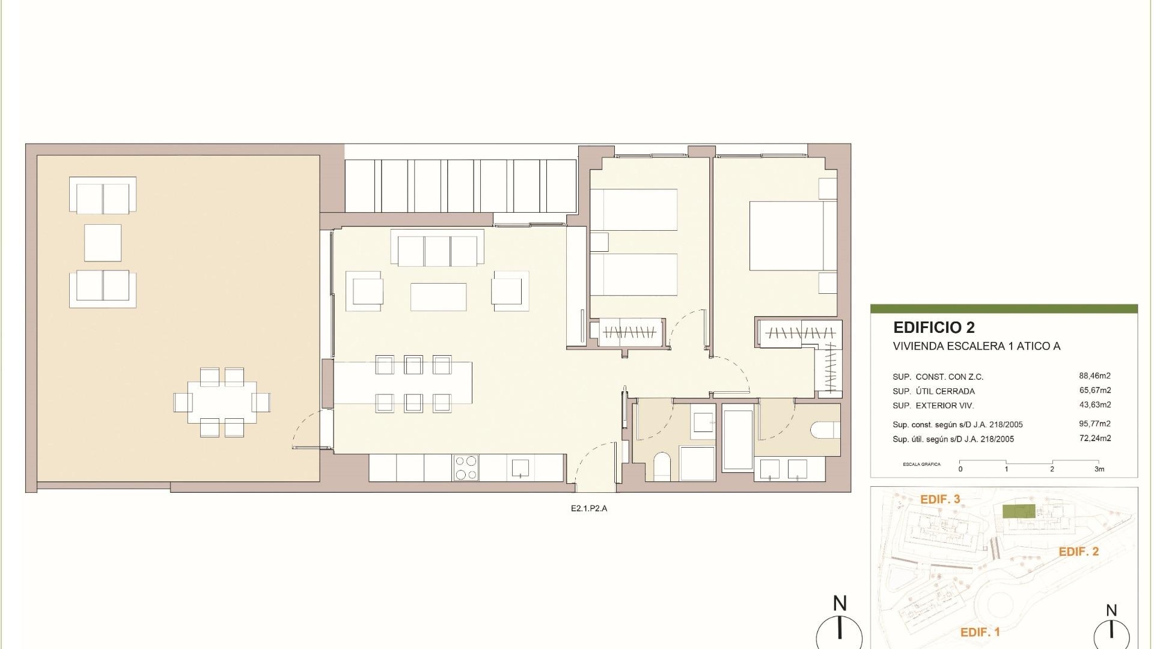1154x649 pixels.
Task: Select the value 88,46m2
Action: click(1094, 376)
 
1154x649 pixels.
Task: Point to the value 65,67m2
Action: click(1094, 391)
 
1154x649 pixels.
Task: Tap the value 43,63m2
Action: click(1094, 405)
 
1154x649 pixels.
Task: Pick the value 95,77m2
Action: click(1094, 424)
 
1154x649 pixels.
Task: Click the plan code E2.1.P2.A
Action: click(589, 508)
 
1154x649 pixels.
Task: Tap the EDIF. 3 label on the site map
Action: click(940, 499)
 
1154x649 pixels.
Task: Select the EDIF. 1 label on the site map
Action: click(980, 632)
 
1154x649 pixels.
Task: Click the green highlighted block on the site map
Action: click(1018, 511)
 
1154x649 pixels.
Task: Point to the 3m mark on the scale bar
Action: click(1099, 469)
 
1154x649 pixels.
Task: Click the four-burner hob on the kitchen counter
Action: click(466, 468)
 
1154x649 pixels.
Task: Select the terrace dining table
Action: click(222, 402)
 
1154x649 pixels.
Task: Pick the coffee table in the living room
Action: click(438, 297)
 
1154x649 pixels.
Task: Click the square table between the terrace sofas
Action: click(103, 243)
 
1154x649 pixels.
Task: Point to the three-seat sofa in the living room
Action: click(437, 250)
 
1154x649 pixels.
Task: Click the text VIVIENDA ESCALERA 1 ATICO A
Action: click(976, 346)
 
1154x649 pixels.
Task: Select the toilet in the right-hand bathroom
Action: click(823, 430)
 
